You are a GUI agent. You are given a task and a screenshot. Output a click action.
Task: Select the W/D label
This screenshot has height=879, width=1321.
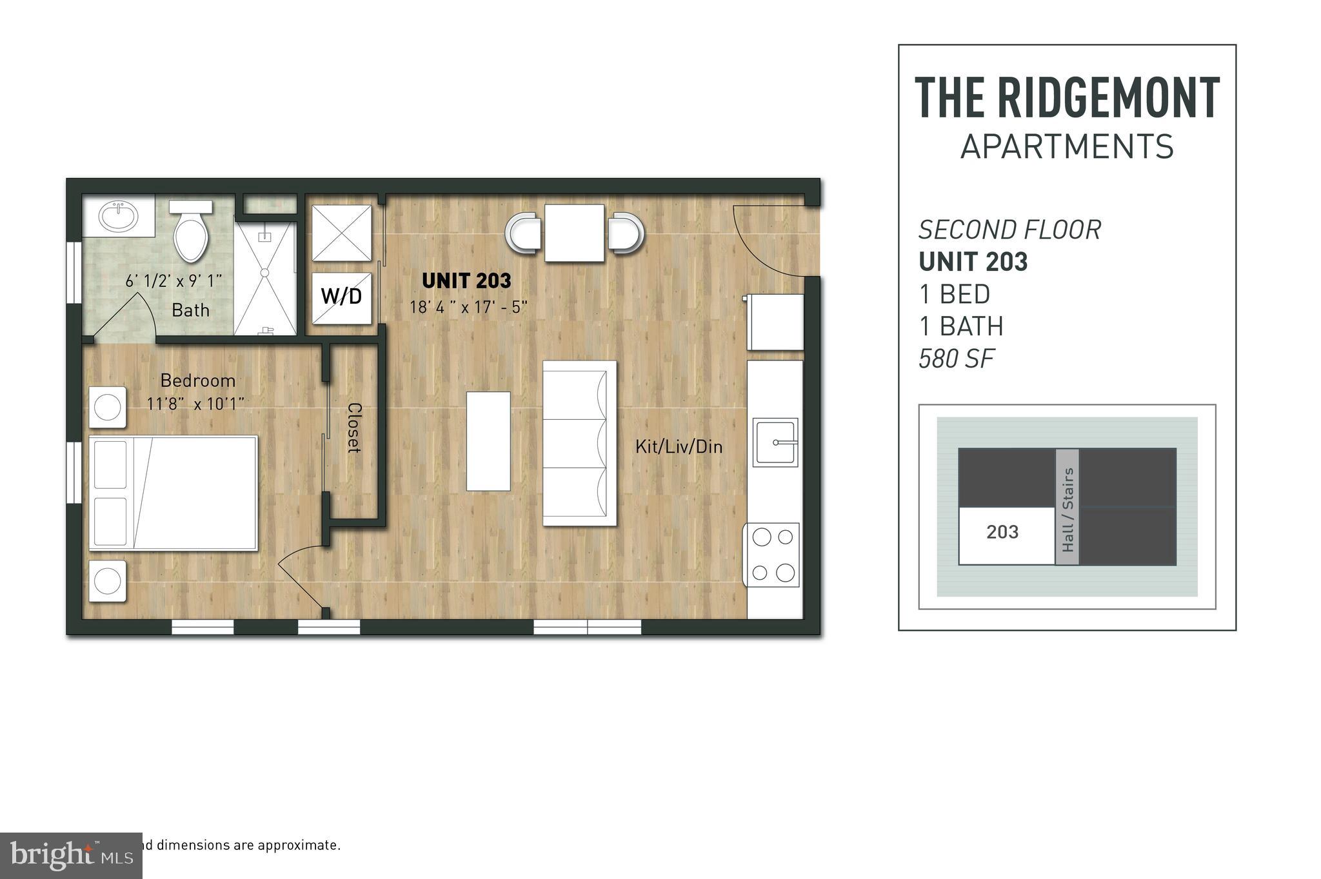pyautogui.click(x=341, y=297)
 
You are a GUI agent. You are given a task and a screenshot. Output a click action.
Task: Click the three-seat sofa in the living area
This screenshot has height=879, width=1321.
pyautogui.click(x=579, y=443)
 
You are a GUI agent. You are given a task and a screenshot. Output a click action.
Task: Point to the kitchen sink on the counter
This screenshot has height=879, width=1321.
pyautogui.click(x=775, y=442)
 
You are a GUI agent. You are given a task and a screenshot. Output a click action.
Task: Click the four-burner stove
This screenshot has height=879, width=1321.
pyautogui.click(x=773, y=554)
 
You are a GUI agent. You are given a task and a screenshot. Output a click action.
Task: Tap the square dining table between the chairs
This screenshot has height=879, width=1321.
pyautogui.click(x=574, y=233)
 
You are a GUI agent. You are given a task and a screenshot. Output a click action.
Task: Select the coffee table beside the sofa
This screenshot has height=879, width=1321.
pyautogui.click(x=488, y=441)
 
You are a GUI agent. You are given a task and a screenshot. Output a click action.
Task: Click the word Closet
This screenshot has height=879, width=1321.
pyautogui.click(x=354, y=428)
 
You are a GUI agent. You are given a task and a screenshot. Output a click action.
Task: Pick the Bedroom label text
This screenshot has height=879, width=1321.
pyautogui.click(x=197, y=380)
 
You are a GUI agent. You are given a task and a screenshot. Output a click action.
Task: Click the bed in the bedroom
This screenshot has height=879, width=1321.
pyautogui.click(x=173, y=493)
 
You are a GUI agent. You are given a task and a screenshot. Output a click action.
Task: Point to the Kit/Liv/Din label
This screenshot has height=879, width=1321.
pyautogui.click(x=679, y=446)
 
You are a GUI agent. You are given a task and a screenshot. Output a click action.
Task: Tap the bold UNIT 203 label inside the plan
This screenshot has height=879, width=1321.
pyautogui.click(x=466, y=281)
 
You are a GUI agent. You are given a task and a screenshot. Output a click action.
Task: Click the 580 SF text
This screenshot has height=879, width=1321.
pyautogui.click(x=956, y=359)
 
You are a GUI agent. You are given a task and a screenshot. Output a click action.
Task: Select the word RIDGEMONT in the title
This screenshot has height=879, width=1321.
pyautogui.click(x=1108, y=98)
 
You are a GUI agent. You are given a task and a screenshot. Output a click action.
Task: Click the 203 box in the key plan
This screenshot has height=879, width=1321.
pyautogui.click(x=1004, y=533)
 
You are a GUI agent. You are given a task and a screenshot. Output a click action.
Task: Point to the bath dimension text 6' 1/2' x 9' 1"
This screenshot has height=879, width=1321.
pyautogui.click(x=174, y=281)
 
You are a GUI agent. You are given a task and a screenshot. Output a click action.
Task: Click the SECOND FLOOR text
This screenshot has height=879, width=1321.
pyautogui.click(x=1009, y=230)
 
